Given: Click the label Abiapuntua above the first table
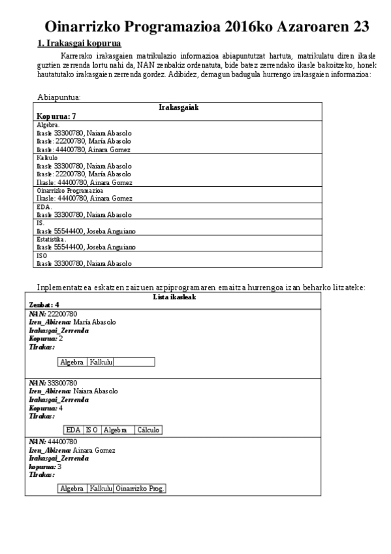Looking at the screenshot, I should pyautogui.click(x=59, y=97).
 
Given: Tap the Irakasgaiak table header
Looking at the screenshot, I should pyautogui.click(x=178, y=106).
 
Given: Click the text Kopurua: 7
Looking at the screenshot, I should pyautogui.click(x=56, y=116).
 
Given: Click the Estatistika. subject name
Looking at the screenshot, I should pyautogui.click(x=52, y=239).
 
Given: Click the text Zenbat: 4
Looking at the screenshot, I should pyautogui.click(x=44, y=304).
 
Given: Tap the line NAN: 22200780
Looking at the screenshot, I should pyautogui.click(x=53, y=314).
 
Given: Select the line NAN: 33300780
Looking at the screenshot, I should pyautogui.click(x=53, y=383).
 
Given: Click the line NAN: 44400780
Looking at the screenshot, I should pyautogui.click(x=53, y=442).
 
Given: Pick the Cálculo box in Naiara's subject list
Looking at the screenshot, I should pyautogui.click(x=149, y=430).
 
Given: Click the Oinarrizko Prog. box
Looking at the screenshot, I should pyautogui.click(x=140, y=489).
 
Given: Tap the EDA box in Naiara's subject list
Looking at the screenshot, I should pyautogui.click(x=73, y=430).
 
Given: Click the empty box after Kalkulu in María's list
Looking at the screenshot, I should pyautogui.click(x=134, y=362).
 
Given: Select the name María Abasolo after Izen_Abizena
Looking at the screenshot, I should pyautogui.click(x=95, y=322).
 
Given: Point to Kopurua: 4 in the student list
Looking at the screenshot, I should pyautogui.click(x=46, y=408).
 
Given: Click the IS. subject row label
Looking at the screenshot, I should pyautogui.click(x=40, y=223).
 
